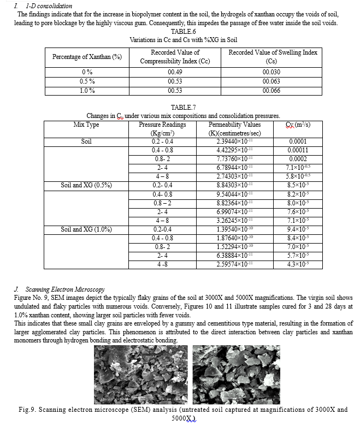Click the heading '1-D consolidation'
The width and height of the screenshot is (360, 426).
coord(49,5)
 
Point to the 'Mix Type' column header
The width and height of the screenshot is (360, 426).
coord(86,125)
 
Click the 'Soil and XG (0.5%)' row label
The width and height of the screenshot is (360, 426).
coord(86,185)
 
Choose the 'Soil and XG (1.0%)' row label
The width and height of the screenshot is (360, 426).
coord(86,229)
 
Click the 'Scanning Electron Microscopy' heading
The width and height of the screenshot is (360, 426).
coord(65,289)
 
